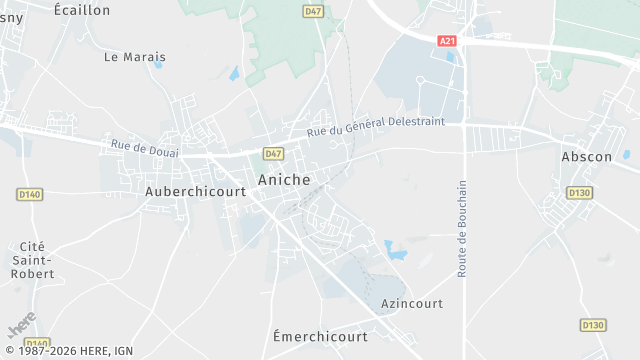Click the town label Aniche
(x=284, y=180)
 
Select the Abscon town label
(x=587, y=157)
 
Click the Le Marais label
(x=135, y=57)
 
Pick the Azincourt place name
(x=412, y=302)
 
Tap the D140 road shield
(x=30, y=194)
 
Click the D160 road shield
(x=36, y=343)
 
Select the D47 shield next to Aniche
(x=273, y=153)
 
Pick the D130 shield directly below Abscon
(x=579, y=192)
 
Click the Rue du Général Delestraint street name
(x=376, y=126)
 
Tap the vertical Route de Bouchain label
(x=462, y=228)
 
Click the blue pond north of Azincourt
(x=396, y=250)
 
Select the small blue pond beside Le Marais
(x=234, y=74)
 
